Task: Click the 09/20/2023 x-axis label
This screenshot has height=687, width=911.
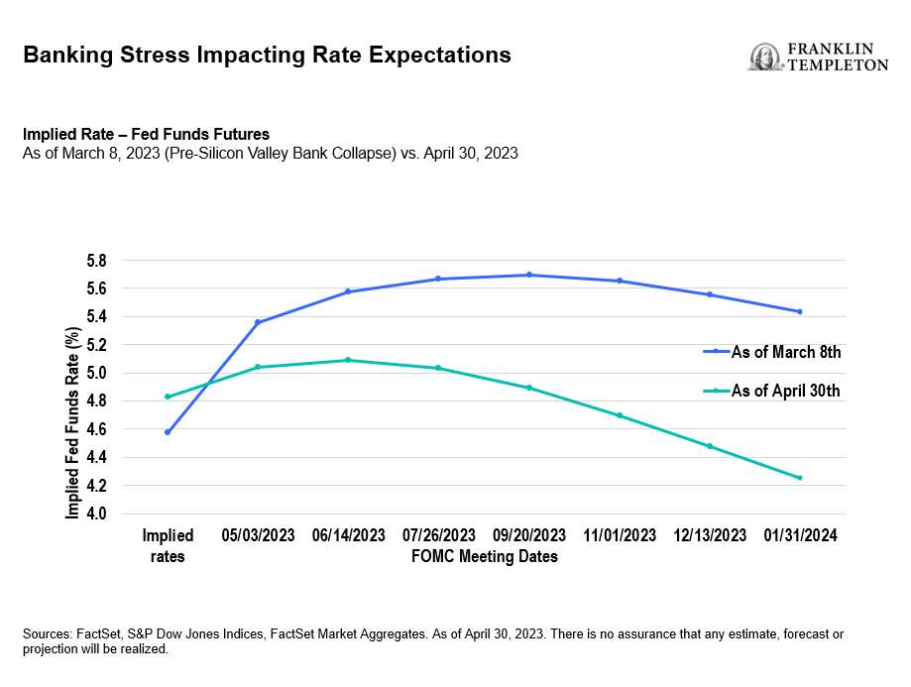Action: click(529, 535)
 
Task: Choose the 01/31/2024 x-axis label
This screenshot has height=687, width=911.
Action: click(800, 535)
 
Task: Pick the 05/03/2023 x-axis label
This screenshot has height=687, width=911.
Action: click(258, 535)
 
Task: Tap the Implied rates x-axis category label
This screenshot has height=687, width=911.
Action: click(168, 545)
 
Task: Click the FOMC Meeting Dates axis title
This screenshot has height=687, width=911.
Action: click(484, 556)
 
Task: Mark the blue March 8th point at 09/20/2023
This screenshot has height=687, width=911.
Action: click(529, 275)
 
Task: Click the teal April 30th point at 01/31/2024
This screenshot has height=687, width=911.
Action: click(800, 478)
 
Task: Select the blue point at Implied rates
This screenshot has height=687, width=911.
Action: click(168, 432)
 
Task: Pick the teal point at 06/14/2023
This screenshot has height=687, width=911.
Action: click(348, 360)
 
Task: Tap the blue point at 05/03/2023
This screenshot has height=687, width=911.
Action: click(258, 322)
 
